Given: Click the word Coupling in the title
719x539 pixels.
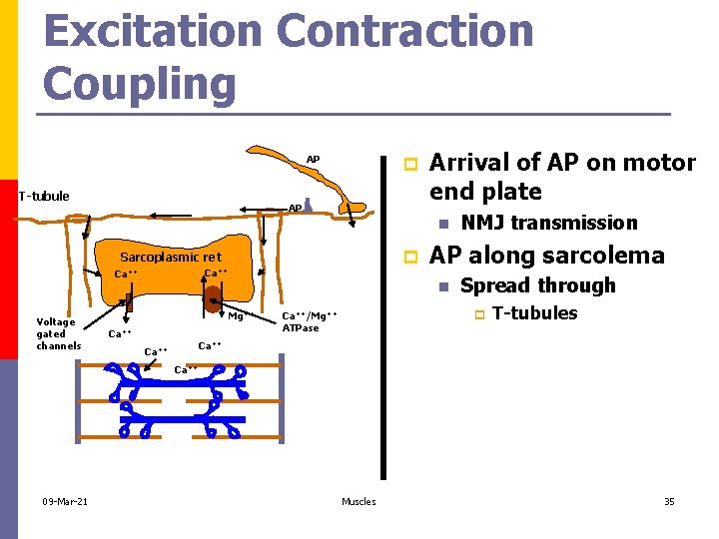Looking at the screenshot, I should pos(140,83).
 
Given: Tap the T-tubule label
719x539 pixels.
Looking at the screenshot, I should pos(44,196).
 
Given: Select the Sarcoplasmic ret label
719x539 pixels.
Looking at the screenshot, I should pos(171,258).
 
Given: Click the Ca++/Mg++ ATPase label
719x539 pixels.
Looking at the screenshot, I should pos(310,321).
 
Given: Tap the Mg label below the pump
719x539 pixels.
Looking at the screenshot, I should pos(236,317).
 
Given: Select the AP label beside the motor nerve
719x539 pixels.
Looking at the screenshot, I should pos(313,160).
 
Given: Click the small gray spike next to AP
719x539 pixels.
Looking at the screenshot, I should pos(310,205).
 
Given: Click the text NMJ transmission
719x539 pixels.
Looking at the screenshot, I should pos(548,223).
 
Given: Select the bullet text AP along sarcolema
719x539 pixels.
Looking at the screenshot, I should pos(546,255).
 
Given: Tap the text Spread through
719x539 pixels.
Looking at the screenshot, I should pos(537,285).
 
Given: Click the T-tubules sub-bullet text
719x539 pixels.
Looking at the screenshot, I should pos(534,313).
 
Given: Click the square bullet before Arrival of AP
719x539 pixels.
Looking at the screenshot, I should pos(406,163).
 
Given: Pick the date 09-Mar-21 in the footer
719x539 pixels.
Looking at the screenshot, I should pos(65,501).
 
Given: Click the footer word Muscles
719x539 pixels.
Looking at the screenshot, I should pos(359,501).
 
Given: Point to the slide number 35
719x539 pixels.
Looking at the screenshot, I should pos(669,501).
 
